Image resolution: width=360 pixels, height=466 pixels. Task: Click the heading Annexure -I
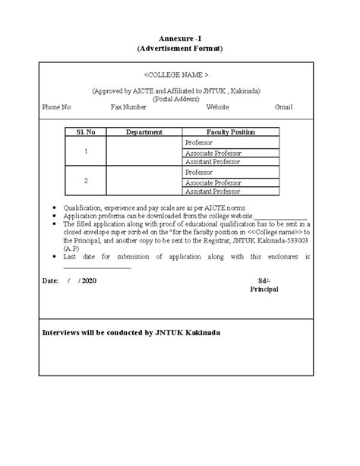click(179, 37)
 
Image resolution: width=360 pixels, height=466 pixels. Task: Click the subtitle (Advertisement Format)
click(179, 48)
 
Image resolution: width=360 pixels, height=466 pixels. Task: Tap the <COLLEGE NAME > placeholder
click(176, 75)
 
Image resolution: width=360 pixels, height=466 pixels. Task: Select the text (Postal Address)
click(176, 99)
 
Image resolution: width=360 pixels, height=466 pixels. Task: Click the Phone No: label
click(57, 107)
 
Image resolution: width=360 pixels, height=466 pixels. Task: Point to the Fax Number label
click(128, 107)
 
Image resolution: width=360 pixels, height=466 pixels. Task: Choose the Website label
click(217, 107)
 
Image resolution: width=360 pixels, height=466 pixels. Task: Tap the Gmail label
click(283, 107)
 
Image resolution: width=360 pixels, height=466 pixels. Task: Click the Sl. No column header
click(86, 132)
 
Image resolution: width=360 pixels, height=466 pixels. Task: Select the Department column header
click(144, 132)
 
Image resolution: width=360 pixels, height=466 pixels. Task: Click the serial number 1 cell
click(86, 152)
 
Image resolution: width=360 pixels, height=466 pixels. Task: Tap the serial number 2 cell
click(86, 181)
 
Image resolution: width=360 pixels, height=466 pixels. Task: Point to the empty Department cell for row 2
click(144, 181)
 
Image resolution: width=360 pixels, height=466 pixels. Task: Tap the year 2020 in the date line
click(88, 281)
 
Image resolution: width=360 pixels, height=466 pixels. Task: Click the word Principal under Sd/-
click(264, 290)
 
